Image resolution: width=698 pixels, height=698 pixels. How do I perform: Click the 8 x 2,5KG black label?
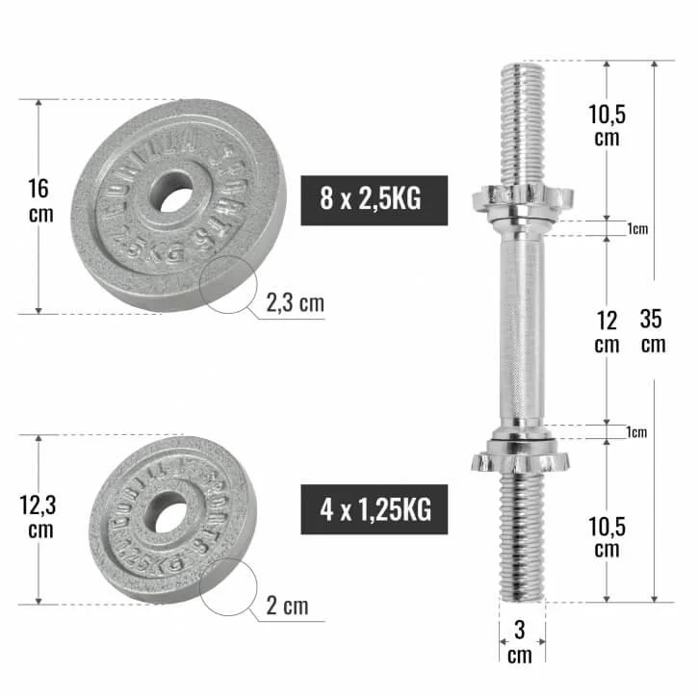[375, 200]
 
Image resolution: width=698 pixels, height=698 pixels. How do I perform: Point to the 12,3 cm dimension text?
[40, 516]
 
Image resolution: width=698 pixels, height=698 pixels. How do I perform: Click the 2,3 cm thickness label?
[296, 304]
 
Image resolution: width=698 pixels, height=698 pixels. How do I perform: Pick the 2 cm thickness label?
[287, 606]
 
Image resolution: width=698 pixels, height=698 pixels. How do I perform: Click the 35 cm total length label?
[654, 330]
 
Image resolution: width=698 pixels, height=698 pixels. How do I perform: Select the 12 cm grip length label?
[606, 330]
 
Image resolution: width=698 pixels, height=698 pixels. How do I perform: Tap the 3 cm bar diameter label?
[520, 643]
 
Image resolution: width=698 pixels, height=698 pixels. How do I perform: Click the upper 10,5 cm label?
[607, 125]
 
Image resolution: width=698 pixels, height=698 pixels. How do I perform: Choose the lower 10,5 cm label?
[607, 535]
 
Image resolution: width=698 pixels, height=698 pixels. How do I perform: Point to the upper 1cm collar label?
[636, 228]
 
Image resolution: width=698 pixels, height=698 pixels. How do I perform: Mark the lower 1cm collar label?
[636, 432]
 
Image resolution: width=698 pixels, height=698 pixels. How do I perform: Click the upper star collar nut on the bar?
[521, 200]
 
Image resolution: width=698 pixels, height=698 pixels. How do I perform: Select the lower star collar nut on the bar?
[521, 458]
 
